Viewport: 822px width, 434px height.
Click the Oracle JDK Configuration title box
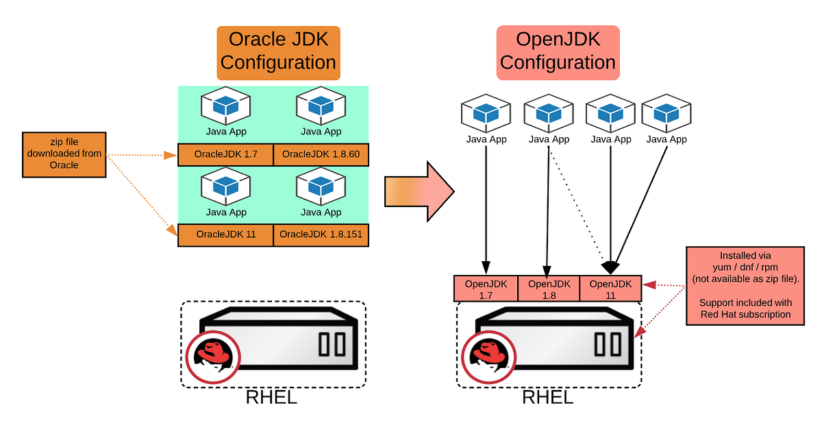click(278, 53)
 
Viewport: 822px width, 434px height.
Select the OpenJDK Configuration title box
click(558, 53)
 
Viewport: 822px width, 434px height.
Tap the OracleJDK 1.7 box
click(225, 154)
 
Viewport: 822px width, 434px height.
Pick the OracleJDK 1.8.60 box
click(321, 154)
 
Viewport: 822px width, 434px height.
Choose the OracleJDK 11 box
click(225, 235)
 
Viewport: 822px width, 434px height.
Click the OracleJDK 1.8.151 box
click(321, 235)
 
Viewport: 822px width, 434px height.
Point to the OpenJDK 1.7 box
click(486, 289)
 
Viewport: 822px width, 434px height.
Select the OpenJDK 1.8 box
click(549, 289)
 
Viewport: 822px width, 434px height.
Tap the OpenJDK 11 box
click(610, 289)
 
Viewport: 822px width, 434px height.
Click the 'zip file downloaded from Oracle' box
click(64, 154)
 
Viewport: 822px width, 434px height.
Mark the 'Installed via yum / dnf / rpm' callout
click(745, 286)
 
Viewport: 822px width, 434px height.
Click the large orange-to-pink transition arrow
click(419, 191)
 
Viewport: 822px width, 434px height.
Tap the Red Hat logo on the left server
click(213, 357)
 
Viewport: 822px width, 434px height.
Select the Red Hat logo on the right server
click(489, 357)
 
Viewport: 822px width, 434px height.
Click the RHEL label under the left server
click(271, 397)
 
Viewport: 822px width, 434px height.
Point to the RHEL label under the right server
click(547, 397)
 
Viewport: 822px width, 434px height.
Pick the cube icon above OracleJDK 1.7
click(225, 106)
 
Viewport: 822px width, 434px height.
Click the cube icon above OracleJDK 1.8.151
click(321, 186)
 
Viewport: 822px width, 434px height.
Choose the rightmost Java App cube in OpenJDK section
click(667, 113)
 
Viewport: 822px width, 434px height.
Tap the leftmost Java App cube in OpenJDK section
click(486, 113)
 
